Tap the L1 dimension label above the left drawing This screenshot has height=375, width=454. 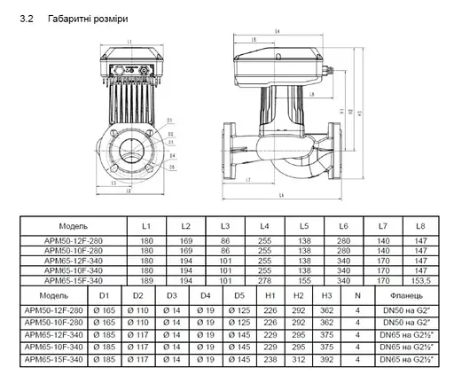pyautogui.click(x=129, y=41)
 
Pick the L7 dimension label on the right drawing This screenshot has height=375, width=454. pyautogui.click(x=248, y=180)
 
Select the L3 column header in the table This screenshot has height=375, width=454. pyautogui.click(x=225, y=226)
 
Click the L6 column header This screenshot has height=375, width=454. pyautogui.click(x=343, y=226)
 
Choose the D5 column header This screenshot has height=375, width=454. pyautogui.click(x=239, y=294)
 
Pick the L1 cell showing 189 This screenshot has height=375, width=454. pyautogui.click(x=147, y=279)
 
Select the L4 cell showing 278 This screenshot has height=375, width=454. pyautogui.click(x=264, y=279)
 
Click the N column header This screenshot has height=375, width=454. pyautogui.click(x=356, y=294)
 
